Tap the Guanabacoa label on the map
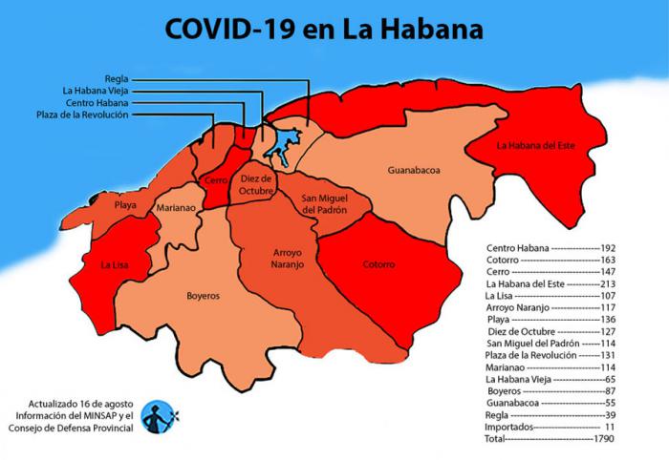pos(413,170)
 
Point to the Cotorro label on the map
pos(378,264)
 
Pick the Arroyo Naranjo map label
pos(283,259)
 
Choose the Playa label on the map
pos(124,204)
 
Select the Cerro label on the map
pos(214,180)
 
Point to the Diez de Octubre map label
pos(257,183)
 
